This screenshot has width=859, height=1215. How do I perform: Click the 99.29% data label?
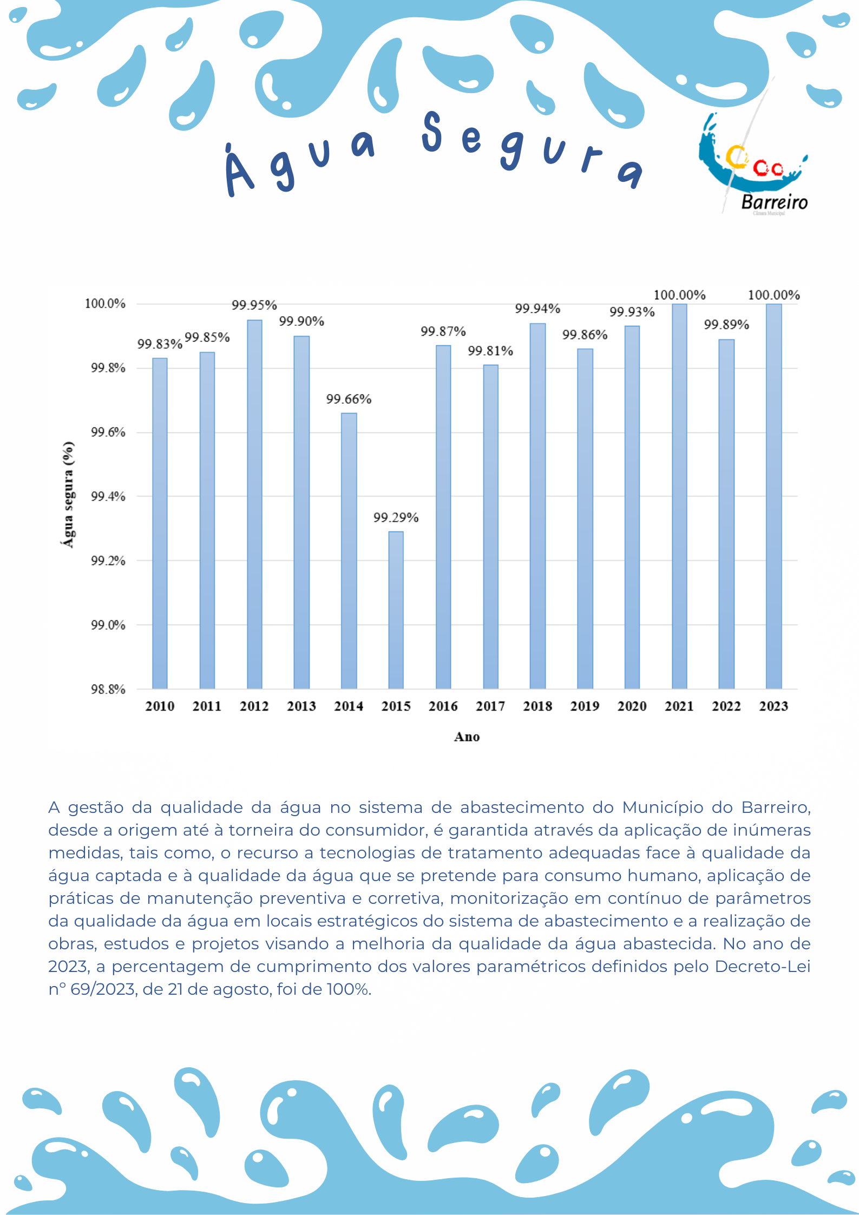(x=396, y=518)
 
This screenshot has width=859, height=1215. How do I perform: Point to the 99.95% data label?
(x=254, y=305)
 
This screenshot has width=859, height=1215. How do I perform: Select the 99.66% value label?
(x=349, y=399)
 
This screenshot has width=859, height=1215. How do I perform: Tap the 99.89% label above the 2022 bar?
(x=726, y=325)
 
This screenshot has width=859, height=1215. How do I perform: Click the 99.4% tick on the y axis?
(x=108, y=496)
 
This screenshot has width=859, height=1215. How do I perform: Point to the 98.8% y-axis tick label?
(x=108, y=689)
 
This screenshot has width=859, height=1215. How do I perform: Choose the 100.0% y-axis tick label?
(x=105, y=304)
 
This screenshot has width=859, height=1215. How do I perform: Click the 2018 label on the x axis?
(x=537, y=706)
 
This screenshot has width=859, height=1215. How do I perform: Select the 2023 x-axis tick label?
(x=773, y=706)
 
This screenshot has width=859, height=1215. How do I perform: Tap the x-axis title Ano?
(x=467, y=737)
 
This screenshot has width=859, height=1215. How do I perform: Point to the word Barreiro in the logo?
(x=774, y=202)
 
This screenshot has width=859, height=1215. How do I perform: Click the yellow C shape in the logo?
(x=735, y=157)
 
